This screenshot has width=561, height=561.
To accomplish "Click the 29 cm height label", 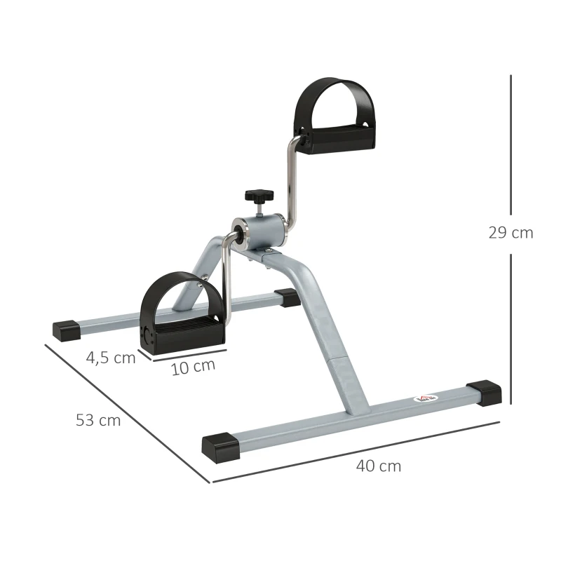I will tap(511, 234).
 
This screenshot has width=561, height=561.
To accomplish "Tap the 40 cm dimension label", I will tap(379, 466).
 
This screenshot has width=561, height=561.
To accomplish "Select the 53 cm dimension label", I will tap(98, 421).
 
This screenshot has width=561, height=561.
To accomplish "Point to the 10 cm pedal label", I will tap(193, 367).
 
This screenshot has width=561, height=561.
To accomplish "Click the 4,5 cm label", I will tap(110, 358).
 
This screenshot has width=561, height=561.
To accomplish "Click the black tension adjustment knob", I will tap(257, 195).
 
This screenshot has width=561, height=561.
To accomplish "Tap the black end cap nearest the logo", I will tap(483, 392).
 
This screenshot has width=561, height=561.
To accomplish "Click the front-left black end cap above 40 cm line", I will tap(220, 447).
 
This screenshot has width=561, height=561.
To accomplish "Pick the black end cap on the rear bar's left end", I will tap(67, 330).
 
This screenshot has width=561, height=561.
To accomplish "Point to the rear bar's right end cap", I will tap(287, 297).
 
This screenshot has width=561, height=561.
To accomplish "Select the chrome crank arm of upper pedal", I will tap(290, 179).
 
